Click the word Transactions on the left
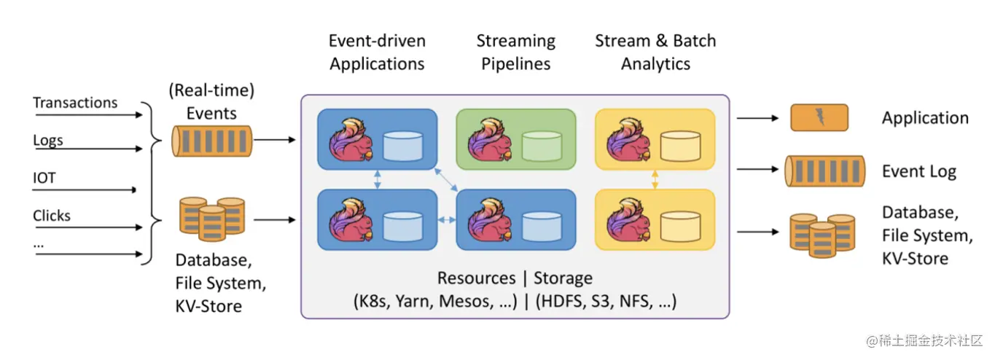pos(75,103)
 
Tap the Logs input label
pos(48,140)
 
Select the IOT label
pos(44,178)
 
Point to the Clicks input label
pos(52,216)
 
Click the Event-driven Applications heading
pos(377,52)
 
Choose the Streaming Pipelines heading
pos(515,52)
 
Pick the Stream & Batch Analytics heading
pos(655,52)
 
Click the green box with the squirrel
pos(516,139)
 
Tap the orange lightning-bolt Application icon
pos(819,117)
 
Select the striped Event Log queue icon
pos(825,171)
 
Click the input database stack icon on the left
pos(212,219)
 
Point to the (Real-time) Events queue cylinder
pos(212,141)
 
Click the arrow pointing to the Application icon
pos(758,118)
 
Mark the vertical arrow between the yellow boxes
pos(655,179)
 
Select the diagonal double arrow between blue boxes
pos(446,180)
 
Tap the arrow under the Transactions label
pos(89,115)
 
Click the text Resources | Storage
pos(515,278)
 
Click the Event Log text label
pos(919,172)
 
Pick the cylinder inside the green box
pos(542,146)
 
